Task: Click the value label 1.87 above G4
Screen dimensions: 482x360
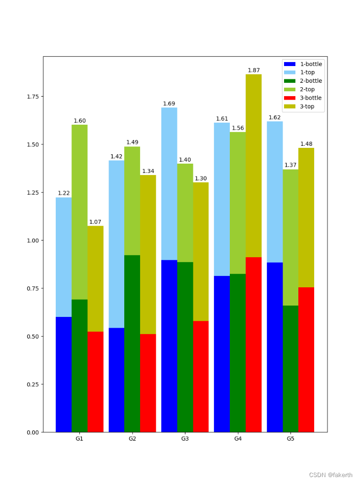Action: (253, 70)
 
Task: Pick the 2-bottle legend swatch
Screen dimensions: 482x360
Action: (289, 81)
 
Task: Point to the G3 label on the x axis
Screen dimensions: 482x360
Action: (185, 439)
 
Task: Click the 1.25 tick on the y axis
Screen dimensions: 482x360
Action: (33, 193)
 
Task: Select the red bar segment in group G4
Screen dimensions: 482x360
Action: (253, 344)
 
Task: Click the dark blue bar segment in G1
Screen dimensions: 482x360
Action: (64, 374)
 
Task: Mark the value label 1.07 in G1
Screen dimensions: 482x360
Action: (95, 222)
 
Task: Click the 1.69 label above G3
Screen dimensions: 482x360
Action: (169, 104)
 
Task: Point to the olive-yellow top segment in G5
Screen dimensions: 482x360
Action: (306, 217)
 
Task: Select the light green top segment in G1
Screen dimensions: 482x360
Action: (79, 212)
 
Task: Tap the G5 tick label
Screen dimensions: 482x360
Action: (290, 439)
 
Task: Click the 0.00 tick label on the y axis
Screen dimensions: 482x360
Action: (33, 433)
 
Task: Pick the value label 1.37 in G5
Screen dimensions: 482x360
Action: (290, 165)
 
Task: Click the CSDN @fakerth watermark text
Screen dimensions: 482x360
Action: (330, 475)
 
